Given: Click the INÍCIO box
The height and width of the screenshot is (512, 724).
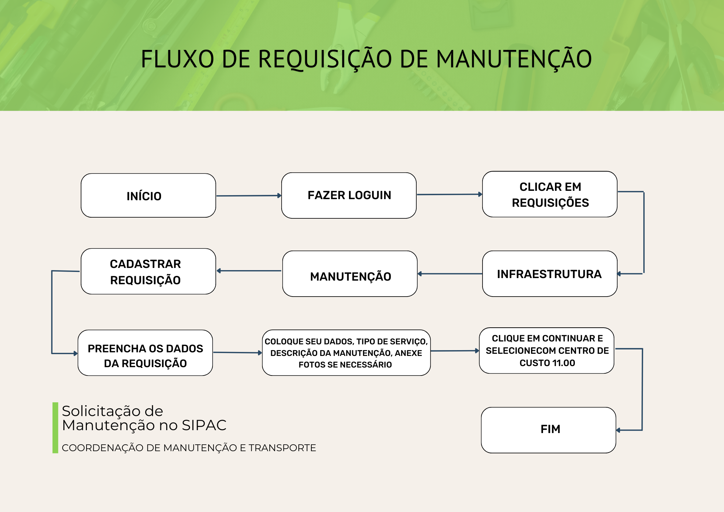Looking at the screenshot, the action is [x=148, y=196].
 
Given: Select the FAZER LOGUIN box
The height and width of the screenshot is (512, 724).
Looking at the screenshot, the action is [x=349, y=196].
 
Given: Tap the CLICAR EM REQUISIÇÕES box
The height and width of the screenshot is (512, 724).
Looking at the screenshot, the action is [x=550, y=194].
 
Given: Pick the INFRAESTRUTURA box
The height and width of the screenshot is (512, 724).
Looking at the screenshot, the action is [x=550, y=274].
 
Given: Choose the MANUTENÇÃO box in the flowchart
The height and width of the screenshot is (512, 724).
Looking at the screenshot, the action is [x=350, y=274].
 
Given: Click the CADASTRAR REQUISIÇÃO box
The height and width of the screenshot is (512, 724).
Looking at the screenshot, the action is [x=148, y=271].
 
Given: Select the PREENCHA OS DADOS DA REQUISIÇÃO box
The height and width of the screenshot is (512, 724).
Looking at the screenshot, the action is [x=145, y=353].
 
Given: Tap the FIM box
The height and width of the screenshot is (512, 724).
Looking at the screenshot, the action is [x=549, y=430].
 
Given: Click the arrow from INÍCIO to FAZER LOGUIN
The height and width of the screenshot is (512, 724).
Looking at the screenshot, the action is [x=249, y=196].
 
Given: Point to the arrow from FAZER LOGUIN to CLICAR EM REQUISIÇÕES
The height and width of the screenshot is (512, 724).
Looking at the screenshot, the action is [x=450, y=194].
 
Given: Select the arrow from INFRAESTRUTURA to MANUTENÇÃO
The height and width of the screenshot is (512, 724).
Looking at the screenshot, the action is [x=450, y=274].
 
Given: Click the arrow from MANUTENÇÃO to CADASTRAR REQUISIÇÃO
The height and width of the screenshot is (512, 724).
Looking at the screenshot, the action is [x=249, y=270].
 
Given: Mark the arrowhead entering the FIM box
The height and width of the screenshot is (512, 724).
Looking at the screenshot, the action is [x=618, y=430].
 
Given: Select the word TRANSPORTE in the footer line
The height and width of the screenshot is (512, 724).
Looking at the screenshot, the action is [x=282, y=448].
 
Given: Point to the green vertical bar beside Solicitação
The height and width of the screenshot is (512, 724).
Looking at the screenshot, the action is [x=55, y=428].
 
